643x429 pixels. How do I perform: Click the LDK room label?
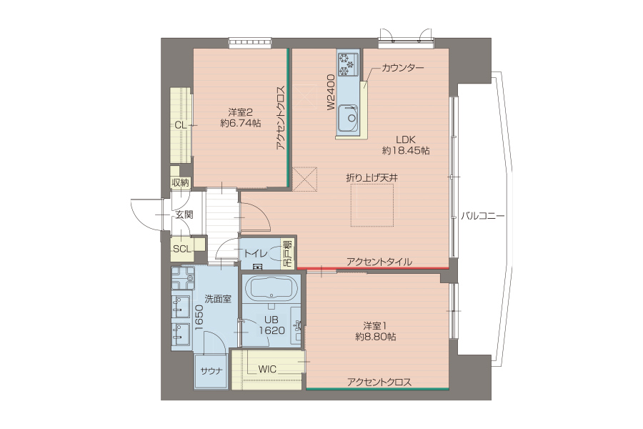(x=406, y=139)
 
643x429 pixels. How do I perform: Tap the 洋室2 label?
(x=240, y=112)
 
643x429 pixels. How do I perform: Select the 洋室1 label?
(x=375, y=326)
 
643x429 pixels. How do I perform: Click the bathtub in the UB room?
(x=271, y=288)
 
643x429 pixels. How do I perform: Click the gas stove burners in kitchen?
(x=348, y=64)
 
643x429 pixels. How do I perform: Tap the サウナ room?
(x=211, y=371)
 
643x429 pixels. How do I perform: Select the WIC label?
(x=267, y=369)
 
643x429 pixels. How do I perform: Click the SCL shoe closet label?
(x=181, y=249)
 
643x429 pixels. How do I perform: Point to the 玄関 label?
(x=184, y=214)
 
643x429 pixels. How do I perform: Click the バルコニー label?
(x=483, y=216)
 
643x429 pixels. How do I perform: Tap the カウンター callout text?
(x=403, y=68)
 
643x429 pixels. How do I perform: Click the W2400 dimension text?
(x=332, y=92)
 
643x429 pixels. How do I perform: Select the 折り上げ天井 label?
(x=372, y=178)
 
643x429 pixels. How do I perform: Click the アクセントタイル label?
(x=379, y=262)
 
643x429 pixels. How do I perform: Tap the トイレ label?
(x=256, y=254)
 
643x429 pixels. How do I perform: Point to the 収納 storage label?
(x=181, y=183)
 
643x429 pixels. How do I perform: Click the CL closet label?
(x=181, y=125)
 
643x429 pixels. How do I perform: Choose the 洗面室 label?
(x=218, y=299)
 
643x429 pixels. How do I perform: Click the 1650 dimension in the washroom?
(x=199, y=317)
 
